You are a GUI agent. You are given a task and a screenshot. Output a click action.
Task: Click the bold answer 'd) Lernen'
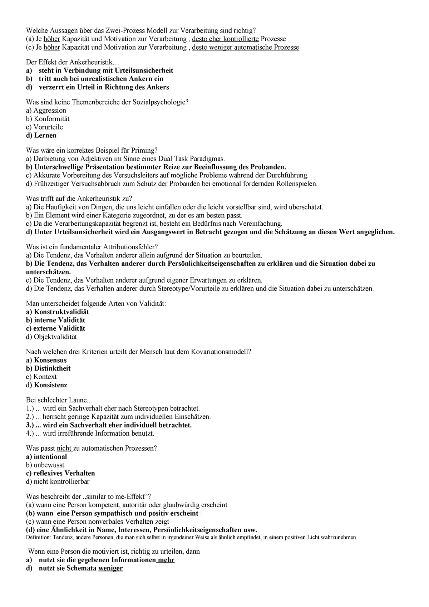click(41, 136)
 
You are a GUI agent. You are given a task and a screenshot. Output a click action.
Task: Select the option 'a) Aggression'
click(46, 111)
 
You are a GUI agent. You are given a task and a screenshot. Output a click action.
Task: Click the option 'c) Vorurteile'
click(44, 127)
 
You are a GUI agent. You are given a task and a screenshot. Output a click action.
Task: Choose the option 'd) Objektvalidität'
click(51, 337)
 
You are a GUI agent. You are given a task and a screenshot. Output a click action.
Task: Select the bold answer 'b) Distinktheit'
click(48, 368)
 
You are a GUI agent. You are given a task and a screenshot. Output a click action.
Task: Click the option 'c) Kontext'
click(41, 377)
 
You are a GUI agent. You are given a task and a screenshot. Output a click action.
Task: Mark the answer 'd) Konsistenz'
click(47, 385)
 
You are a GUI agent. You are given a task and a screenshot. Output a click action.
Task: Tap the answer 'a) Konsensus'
click(46, 360)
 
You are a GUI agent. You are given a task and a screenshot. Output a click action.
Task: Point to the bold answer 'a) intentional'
click(46, 457)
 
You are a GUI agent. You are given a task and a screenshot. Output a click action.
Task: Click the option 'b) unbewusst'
click(45, 465)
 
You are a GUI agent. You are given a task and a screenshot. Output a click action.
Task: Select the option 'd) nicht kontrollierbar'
click(58, 482)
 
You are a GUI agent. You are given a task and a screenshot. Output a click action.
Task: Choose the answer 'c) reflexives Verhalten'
click(60, 473)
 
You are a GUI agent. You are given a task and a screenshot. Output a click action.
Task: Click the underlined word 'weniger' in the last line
click(111, 568)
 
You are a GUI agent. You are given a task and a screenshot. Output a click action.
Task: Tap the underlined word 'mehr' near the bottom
click(166, 560)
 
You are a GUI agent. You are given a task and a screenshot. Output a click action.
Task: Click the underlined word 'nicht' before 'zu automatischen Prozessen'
click(64, 448)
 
